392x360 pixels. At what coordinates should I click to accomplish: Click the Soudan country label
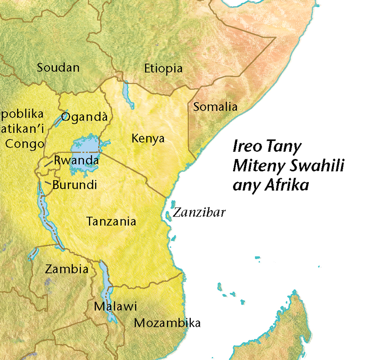pyautogui.click(x=58, y=68)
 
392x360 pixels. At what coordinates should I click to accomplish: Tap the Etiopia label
pyautogui.click(x=163, y=68)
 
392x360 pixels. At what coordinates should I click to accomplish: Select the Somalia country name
pyautogui.click(x=215, y=106)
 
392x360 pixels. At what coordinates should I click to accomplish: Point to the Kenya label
pyautogui.click(x=148, y=139)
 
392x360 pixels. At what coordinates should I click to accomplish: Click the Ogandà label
pyautogui.click(x=84, y=117)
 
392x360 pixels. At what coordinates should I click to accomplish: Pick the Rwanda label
pyautogui.click(x=76, y=160)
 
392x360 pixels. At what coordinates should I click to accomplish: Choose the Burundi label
pyautogui.click(x=74, y=185)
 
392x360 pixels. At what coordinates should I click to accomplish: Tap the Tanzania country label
pyautogui.click(x=112, y=221)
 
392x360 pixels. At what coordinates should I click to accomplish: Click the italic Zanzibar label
pyautogui.click(x=199, y=213)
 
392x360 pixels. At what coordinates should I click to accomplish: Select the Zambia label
pyautogui.click(x=67, y=269)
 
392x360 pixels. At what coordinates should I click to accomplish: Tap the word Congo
pyautogui.click(x=25, y=144)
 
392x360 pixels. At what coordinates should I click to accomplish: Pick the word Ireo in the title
pyautogui.click(x=247, y=146)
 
